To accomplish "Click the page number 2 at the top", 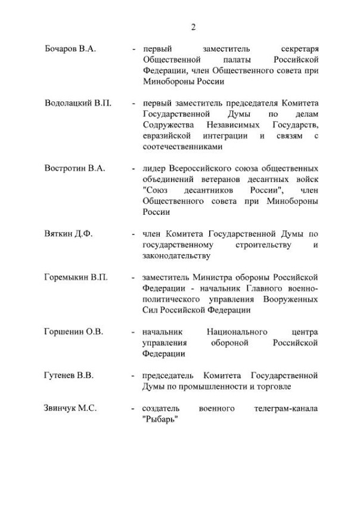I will (x=193, y=27).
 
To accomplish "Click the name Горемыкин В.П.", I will (x=76, y=277).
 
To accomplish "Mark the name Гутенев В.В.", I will (x=69, y=375).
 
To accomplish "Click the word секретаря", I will (x=298, y=50).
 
